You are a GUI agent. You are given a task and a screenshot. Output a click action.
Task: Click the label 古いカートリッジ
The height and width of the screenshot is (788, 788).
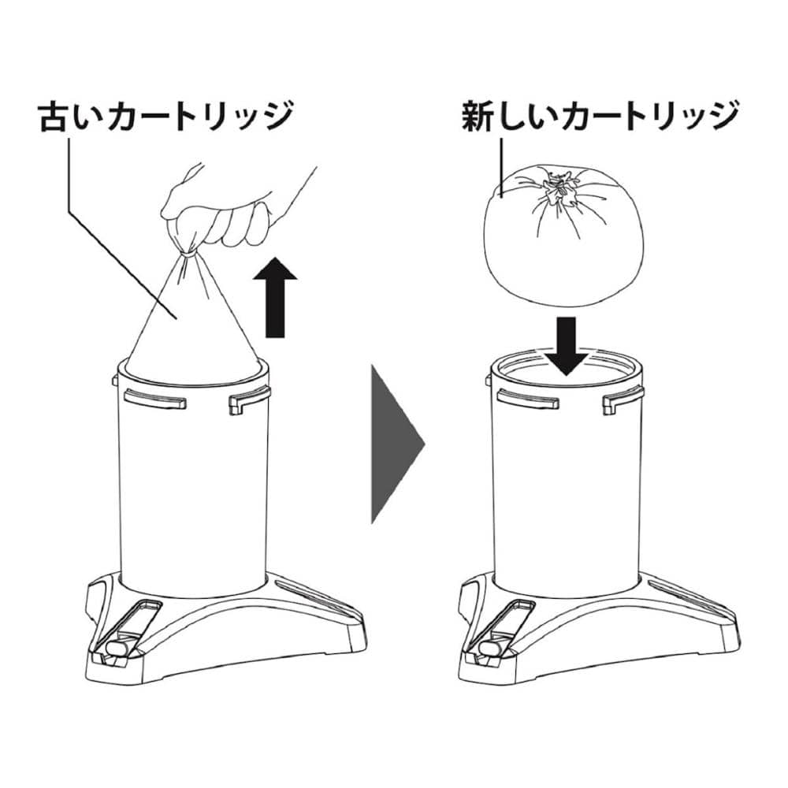coord(165,116)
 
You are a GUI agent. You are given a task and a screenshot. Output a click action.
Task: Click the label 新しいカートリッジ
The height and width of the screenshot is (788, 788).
coord(600,116)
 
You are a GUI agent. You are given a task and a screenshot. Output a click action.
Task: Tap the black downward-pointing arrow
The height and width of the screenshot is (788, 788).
coord(567,346)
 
